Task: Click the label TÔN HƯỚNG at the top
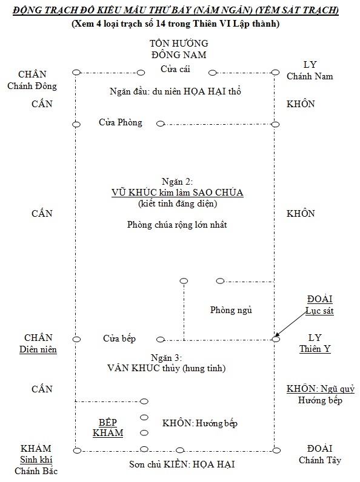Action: coord(179,44)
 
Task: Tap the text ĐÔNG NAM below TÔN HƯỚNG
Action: coord(179,54)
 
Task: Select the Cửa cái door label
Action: coord(175,69)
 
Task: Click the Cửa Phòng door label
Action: coord(120,122)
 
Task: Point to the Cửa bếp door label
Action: coord(119,338)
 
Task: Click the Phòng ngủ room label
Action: coord(231,310)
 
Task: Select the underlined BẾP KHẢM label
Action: coord(108,427)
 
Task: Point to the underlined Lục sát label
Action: coord(319,311)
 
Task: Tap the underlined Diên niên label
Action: coord(38,349)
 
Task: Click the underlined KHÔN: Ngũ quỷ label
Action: coord(320,389)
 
